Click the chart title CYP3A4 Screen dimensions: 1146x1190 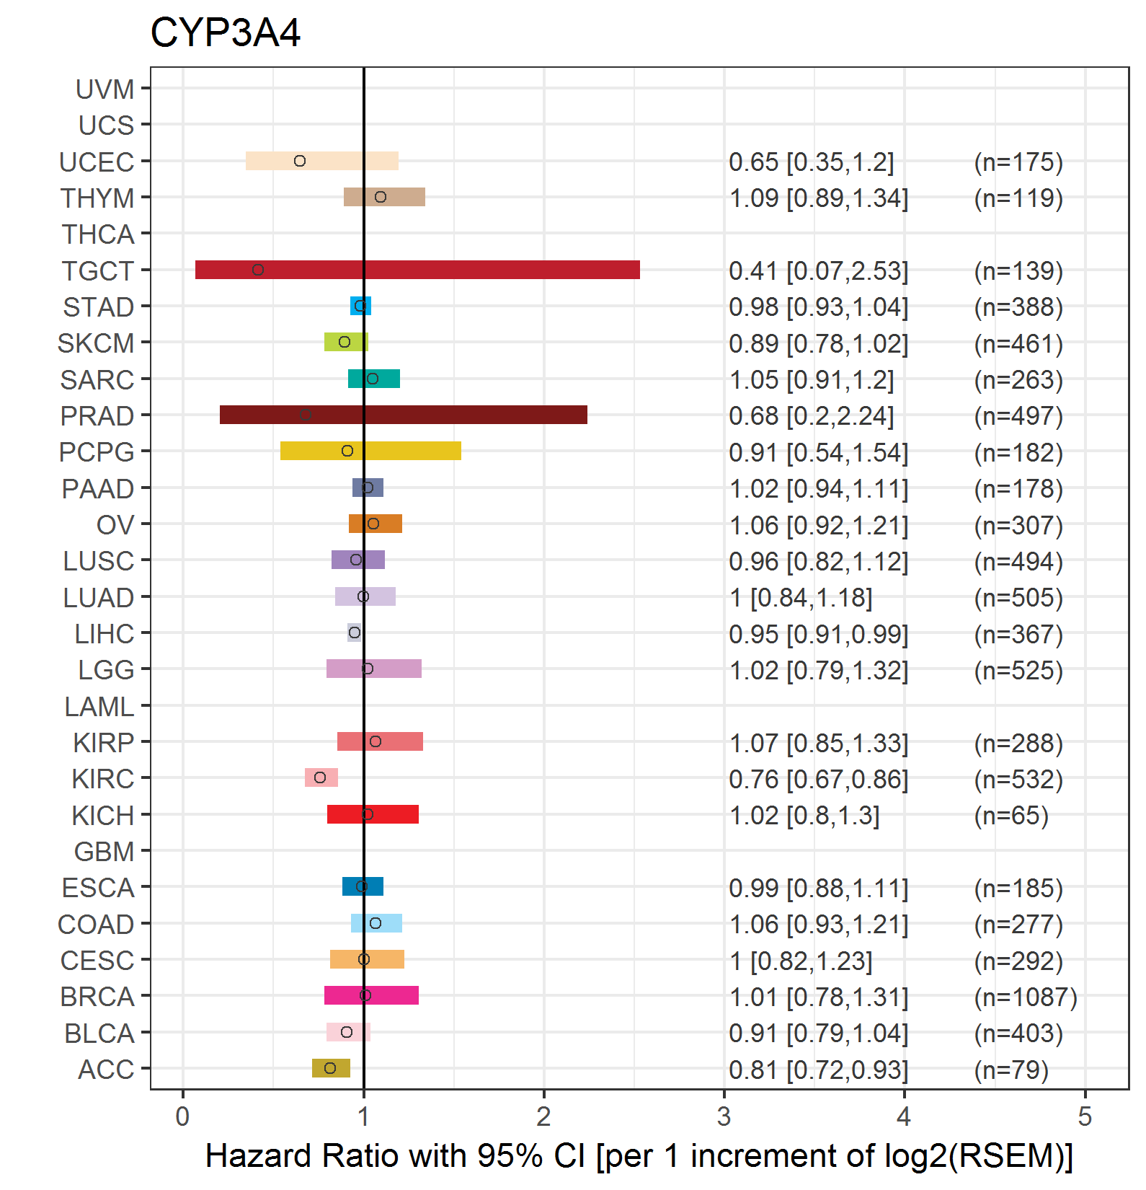pyautogui.click(x=225, y=32)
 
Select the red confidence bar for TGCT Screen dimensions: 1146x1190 pyautogui.click(x=417, y=270)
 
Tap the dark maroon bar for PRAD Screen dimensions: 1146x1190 pyautogui.click(x=404, y=415)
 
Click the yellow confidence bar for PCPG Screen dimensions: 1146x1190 pyautogui.click(x=370, y=451)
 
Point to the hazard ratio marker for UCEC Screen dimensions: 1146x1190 pyautogui.click(x=300, y=161)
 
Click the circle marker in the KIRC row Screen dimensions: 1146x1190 pyautogui.click(x=320, y=777)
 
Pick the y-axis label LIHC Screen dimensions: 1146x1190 pyautogui.click(x=105, y=634)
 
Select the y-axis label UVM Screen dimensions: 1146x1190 pyautogui.click(x=105, y=89)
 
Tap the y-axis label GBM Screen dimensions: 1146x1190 pyautogui.click(x=105, y=852)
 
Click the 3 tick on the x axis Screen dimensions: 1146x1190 pyautogui.click(x=724, y=1116)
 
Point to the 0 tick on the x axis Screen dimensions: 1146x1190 pyautogui.click(x=183, y=1116)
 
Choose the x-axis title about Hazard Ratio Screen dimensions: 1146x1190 pyautogui.click(x=639, y=1156)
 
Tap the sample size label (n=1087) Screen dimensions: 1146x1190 pyautogui.click(x=1026, y=997)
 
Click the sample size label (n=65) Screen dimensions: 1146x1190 pyautogui.click(x=1011, y=816)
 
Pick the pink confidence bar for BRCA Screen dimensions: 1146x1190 pyautogui.click(x=371, y=995)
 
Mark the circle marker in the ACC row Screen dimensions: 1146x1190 pyautogui.click(x=330, y=1068)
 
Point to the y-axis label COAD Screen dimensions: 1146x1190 pyautogui.click(x=96, y=925)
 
